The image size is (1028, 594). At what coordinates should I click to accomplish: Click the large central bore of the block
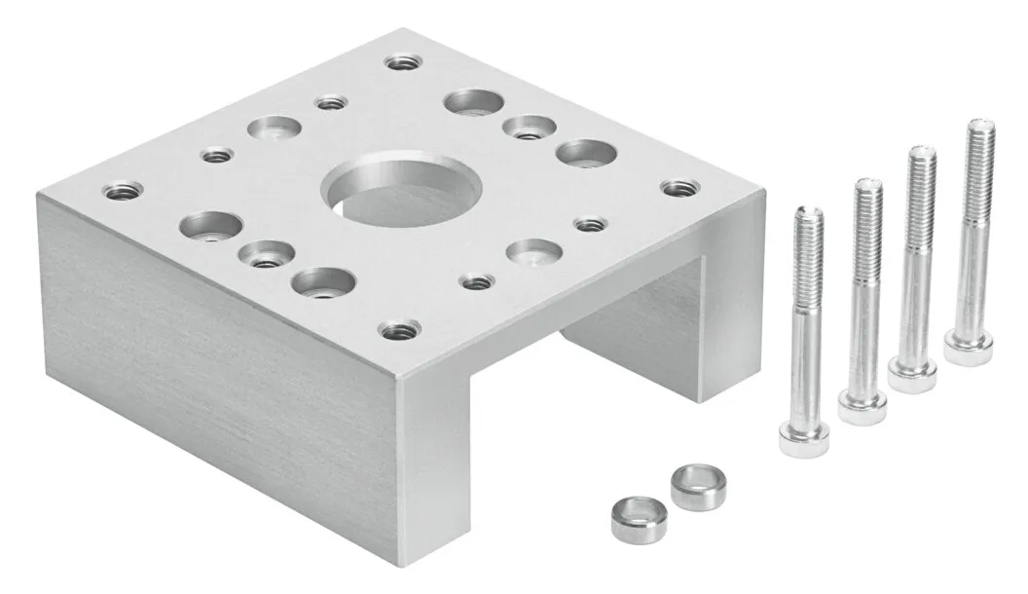pyautogui.click(x=403, y=194)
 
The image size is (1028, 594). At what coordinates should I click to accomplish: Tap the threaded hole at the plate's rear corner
pyautogui.click(x=395, y=62)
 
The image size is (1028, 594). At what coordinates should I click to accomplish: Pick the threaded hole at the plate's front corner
pyautogui.click(x=393, y=331)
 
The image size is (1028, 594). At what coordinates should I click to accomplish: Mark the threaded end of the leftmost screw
pyautogui.click(x=808, y=253)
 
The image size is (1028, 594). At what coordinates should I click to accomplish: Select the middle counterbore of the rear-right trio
pyautogui.click(x=528, y=128)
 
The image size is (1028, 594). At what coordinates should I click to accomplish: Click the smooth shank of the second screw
pyautogui.click(x=862, y=331)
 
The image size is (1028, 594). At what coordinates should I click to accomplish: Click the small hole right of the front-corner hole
pyautogui.click(x=476, y=282)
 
